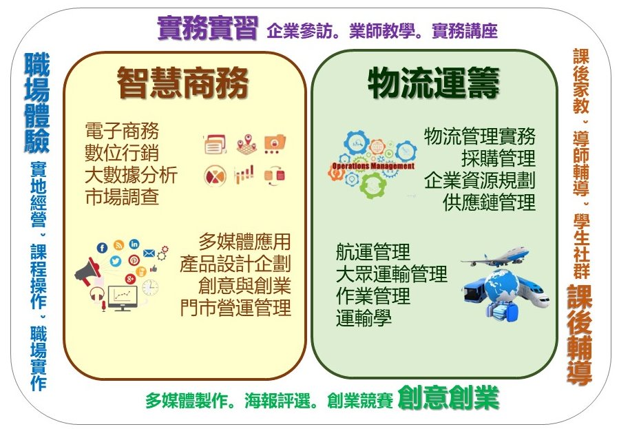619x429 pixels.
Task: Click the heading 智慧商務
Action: point(182,83)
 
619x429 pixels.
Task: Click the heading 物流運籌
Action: point(434,83)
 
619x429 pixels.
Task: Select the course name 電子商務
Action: point(122,131)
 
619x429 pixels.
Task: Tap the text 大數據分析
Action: point(131,175)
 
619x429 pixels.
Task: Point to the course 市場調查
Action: point(122,197)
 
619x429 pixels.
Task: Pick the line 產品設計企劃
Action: point(235,264)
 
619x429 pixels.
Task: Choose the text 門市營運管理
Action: point(235,308)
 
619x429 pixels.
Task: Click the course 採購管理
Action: point(499,158)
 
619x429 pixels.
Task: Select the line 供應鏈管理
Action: point(489,202)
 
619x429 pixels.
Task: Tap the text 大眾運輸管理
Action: point(391,274)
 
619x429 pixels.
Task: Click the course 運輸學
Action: point(364,318)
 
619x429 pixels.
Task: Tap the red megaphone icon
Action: point(87,272)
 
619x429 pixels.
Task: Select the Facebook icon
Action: point(102,248)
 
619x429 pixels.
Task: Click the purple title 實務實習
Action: point(208,28)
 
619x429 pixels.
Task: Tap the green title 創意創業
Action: point(448,398)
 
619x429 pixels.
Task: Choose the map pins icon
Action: point(246,144)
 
